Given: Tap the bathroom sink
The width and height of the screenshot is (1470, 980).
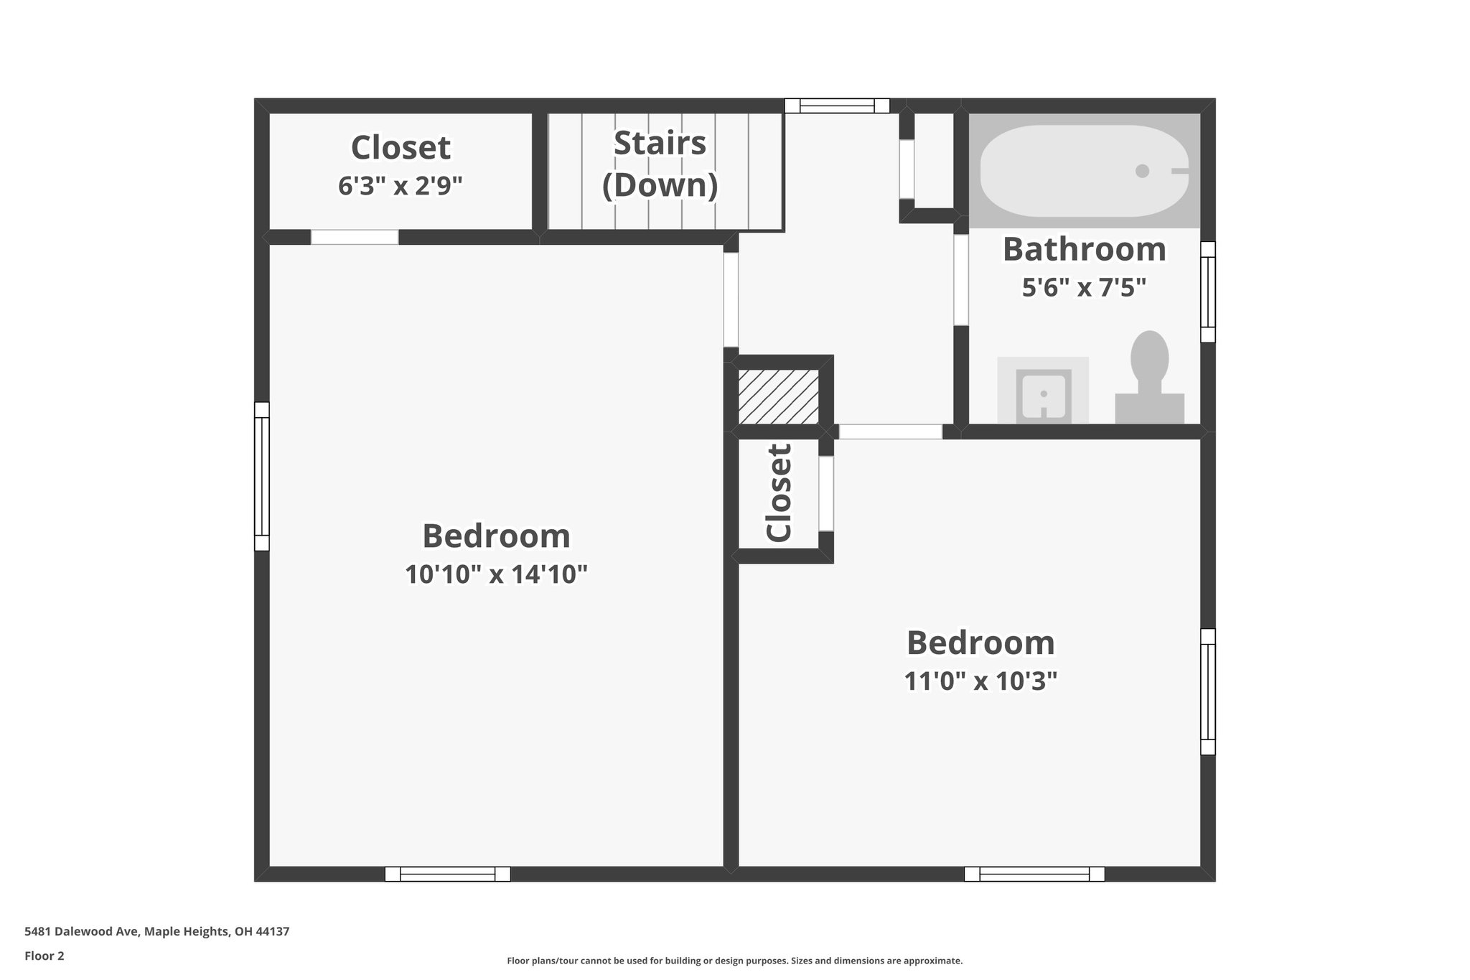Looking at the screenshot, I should (x=1043, y=393).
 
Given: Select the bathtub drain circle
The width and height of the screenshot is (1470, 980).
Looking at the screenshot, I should (x=1142, y=171).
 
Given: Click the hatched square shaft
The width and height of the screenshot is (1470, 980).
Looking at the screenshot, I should (x=779, y=396).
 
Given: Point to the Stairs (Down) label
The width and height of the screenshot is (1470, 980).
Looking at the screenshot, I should (x=660, y=164).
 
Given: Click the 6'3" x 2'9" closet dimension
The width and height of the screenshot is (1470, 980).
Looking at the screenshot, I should (x=400, y=186).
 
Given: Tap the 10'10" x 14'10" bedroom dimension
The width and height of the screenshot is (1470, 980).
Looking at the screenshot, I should (x=496, y=574).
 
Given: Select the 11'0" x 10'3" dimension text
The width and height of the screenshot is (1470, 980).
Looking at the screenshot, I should (x=980, y=681).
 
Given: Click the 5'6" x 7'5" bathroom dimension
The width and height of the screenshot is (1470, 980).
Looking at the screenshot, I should (x=1084, y=288).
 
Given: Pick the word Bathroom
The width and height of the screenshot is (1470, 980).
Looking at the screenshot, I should (x=1084, y=249).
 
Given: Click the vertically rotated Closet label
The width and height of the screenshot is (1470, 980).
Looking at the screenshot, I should (x=780, y=493).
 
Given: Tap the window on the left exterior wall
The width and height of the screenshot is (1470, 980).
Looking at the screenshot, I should (x=261, y=476).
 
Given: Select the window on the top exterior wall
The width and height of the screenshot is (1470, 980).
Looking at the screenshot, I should (x=836, y=106).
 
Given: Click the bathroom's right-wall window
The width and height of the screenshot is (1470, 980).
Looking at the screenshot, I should (x=1208, y=291).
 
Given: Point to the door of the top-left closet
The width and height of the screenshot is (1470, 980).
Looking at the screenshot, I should (x=354, y=237).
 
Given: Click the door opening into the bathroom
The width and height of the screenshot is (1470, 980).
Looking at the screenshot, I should (x=961, y=279).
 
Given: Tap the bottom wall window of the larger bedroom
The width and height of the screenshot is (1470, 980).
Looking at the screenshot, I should (x=447, y=874).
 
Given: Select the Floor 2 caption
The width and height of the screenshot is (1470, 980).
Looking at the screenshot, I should (x=45, y=956).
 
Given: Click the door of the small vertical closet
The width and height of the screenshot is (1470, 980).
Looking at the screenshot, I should (x=826, y=493).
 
